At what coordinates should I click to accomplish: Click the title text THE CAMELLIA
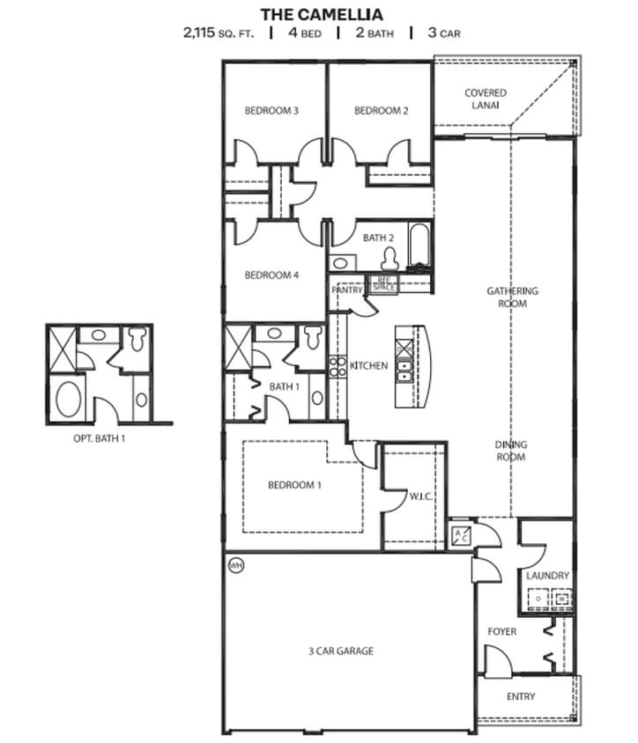click(x=321, y=14)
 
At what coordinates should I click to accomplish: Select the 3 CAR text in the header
click(x=442, y=33)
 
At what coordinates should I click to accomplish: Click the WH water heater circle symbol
click(x=234, y=563)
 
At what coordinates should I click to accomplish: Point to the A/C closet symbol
click(x=460, y=535)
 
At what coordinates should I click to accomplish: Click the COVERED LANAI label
click(x=486, y=99)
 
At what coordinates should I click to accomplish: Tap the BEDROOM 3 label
click(x=271, y=111)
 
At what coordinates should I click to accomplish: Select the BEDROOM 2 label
click(x=381, y=111)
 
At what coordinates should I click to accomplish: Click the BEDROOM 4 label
click(x=271, y=276)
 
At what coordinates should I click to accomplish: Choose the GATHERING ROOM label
click(x=513, y=298)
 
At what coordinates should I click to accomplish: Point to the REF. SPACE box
click(x=384, y=284)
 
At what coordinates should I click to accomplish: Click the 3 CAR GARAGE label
click(x=342, y=651)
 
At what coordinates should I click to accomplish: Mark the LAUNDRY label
click(x=547, y=576)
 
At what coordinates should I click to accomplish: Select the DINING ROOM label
click(x=511, y=452)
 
